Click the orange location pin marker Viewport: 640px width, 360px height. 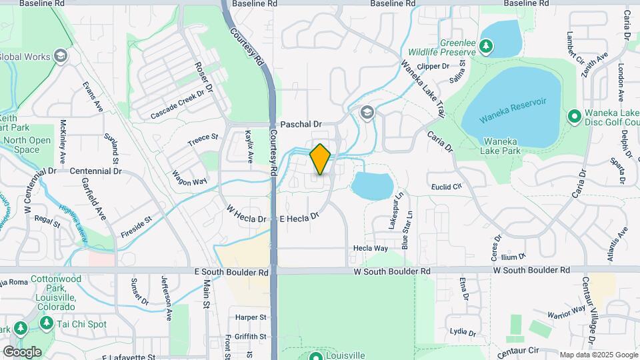[x=320, y=159]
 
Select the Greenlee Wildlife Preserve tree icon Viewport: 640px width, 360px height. [x=487, y=45]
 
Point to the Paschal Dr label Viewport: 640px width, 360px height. [x=301, y=124]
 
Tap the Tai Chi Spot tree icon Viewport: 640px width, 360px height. [x=46, y=323]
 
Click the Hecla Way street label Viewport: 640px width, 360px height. [x=371, y=248]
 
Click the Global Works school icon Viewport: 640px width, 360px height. [x=62, y=56]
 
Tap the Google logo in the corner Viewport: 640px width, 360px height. [x=22, y=351]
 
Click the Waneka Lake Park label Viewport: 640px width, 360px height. [x=505, y=146]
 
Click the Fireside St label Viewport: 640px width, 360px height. [x=136, y=227]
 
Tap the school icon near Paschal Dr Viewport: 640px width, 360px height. [x=366, y=114]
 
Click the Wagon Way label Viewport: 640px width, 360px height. [x=190, y=178]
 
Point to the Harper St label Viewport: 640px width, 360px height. [x=251, y=317]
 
